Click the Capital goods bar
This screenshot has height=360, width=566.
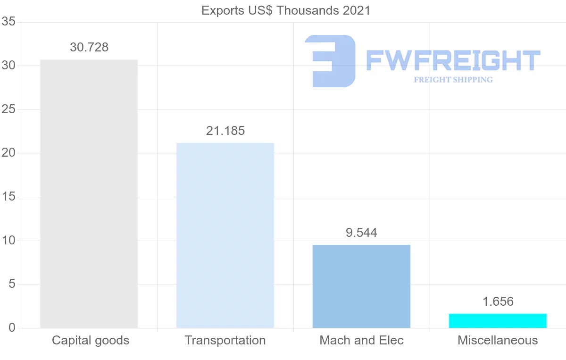(x=89, y=193)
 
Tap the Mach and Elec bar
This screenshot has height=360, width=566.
(x=361, y=286)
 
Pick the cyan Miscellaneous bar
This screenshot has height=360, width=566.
(x=498, y=320)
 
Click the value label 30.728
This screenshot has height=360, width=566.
(x=89, y=48)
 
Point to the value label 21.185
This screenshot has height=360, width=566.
(x=225, y=131)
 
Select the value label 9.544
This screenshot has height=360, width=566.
(x=361, y=233)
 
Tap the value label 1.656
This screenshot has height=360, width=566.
(x=498, y=302)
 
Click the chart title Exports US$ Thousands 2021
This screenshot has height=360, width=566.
(x=286, y=10)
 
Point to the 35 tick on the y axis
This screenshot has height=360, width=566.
(x=8, y=22)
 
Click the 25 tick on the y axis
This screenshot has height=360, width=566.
(x=8, y=109)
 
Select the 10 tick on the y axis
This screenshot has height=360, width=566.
(x=8, y=241)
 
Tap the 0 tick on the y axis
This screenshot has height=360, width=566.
(x=12, y=328)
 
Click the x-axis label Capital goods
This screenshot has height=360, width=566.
(x=91, y=340)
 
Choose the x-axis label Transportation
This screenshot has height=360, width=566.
(x=225, y=340)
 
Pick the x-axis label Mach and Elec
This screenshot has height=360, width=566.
(x=361, y=340)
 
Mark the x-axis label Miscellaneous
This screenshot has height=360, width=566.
(x=498, y=340)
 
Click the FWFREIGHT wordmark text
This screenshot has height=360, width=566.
(x=453, y=60)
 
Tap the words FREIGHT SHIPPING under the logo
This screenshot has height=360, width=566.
(x=453, y=80)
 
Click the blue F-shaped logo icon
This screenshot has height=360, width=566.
(x=330, y=61)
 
